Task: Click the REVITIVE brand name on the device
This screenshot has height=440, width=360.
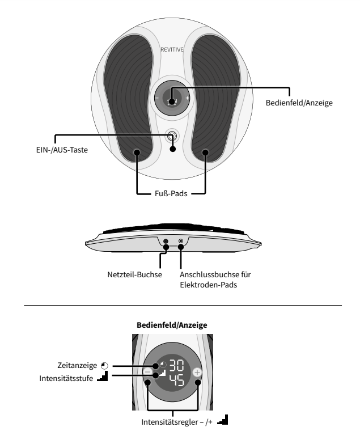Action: (172, 50)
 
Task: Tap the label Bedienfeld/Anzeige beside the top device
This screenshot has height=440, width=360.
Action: (299, 103)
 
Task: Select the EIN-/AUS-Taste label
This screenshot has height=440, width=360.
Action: (62, 150)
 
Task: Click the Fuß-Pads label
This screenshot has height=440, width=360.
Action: (171, 193)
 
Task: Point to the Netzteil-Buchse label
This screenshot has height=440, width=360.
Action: (135, 274)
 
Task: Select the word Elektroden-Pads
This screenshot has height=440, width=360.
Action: (209, 285)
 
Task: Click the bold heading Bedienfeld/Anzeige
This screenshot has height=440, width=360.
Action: (172, 325)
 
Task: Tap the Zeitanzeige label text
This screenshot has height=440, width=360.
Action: (77, 365)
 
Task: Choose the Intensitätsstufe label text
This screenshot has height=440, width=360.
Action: (66, 378)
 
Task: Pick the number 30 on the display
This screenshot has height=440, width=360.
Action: (176, 366)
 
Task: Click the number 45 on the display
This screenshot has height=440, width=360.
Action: (176, 380)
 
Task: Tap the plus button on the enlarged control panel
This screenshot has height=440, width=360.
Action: (197, 373)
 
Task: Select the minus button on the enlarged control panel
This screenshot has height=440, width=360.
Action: (148, 372)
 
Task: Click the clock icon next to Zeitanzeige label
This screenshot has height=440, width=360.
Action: (104, 366)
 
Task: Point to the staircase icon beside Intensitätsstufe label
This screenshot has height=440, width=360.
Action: (103, 376)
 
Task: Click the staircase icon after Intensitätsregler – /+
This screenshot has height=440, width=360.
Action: (222, 420)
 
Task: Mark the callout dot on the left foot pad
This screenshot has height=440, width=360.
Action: (137, 153)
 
